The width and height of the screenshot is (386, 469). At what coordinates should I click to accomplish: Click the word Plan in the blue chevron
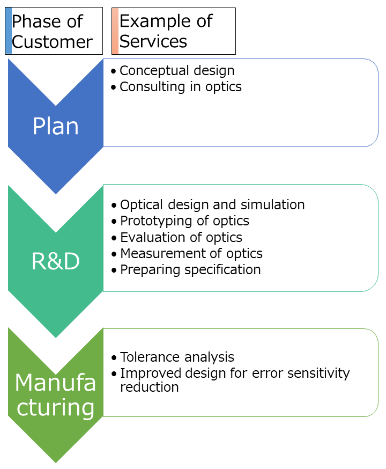[x=55, y=126]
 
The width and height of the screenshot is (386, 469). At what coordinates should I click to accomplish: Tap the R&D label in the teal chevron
[x=55, y=261]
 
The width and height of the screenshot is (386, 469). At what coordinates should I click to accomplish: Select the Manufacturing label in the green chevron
[x=55, y=395]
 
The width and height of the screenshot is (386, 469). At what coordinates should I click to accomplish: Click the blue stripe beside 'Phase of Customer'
[x=8, y=31]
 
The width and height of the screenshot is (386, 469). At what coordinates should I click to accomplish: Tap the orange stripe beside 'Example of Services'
[x=115, y=31]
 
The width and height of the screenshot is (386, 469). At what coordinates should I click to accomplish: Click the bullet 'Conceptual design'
[x=177, y=70]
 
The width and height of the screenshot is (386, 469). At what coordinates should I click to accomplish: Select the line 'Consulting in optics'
[x=181, y=86]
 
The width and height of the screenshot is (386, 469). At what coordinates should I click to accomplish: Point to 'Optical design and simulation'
[x=212, y=204]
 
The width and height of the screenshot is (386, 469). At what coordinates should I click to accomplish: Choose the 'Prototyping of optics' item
[x=184, y=221]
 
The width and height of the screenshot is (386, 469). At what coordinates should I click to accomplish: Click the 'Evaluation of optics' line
[x=181, y=237]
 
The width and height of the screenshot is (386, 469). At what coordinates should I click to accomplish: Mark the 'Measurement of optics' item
[x=191, y=253]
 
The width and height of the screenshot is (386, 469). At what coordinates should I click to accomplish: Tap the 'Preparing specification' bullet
[x=190, y=269]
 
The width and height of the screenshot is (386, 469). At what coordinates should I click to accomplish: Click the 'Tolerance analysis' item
[x=177, y=357]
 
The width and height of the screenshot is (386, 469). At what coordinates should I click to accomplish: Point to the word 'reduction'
[x=149, y=387]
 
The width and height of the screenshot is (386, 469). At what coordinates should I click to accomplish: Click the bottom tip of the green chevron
[x=56, y=460]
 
